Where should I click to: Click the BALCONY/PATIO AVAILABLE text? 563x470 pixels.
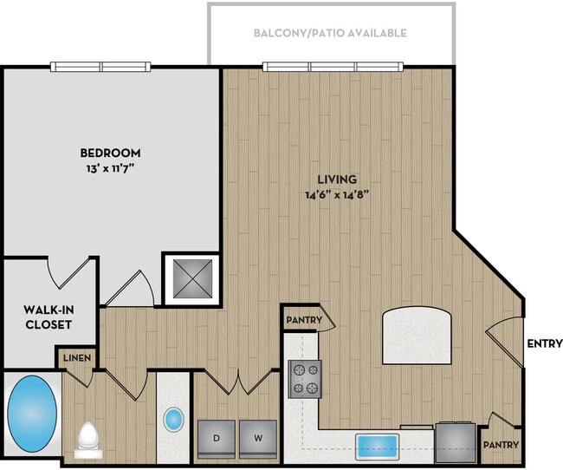(330, 33)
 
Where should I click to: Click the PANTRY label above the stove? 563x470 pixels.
(303, 320)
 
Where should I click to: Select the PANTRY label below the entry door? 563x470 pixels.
(502, 445)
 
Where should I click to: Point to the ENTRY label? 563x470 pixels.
(544, 343)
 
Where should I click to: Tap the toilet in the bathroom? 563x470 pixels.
(89, 438)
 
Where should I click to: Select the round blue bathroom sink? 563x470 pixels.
(174, 421)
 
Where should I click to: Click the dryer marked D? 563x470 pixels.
(217, 438)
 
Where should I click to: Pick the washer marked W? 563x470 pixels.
(258, 438)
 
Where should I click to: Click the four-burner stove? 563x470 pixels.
(304, 379)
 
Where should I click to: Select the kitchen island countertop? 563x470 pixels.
(417, 335)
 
